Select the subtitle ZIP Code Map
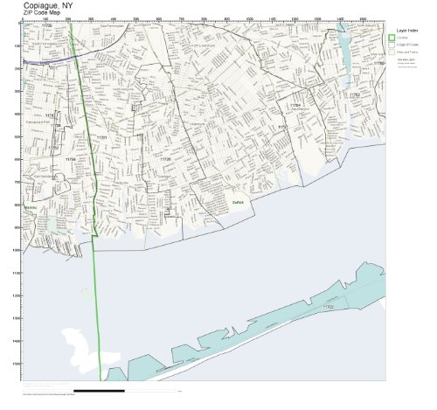[45, 16]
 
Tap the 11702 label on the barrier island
[329, 308]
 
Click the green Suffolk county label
[238, 202]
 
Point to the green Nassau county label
[31, 207]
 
